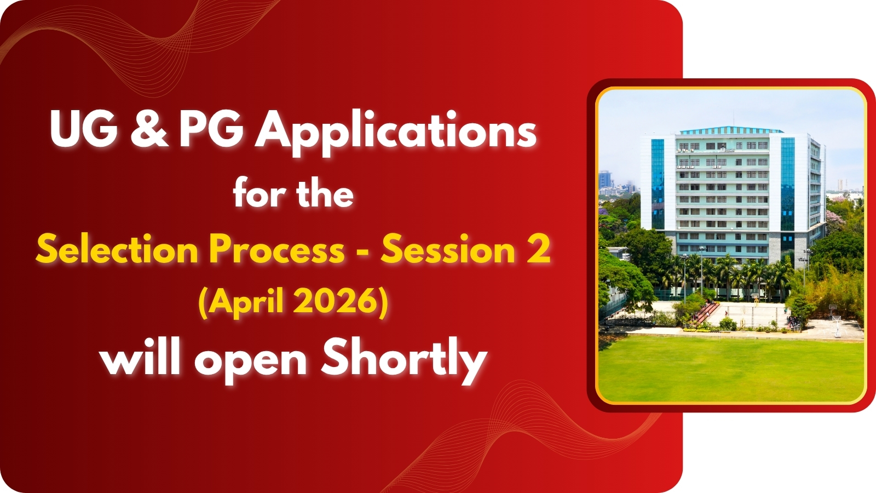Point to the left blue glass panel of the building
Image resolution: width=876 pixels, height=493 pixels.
point(658,184)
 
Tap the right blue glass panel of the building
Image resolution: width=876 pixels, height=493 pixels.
point(787,184)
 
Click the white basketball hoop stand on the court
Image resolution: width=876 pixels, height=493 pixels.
point(836,325)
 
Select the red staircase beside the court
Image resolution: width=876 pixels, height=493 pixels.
point(708,313)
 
